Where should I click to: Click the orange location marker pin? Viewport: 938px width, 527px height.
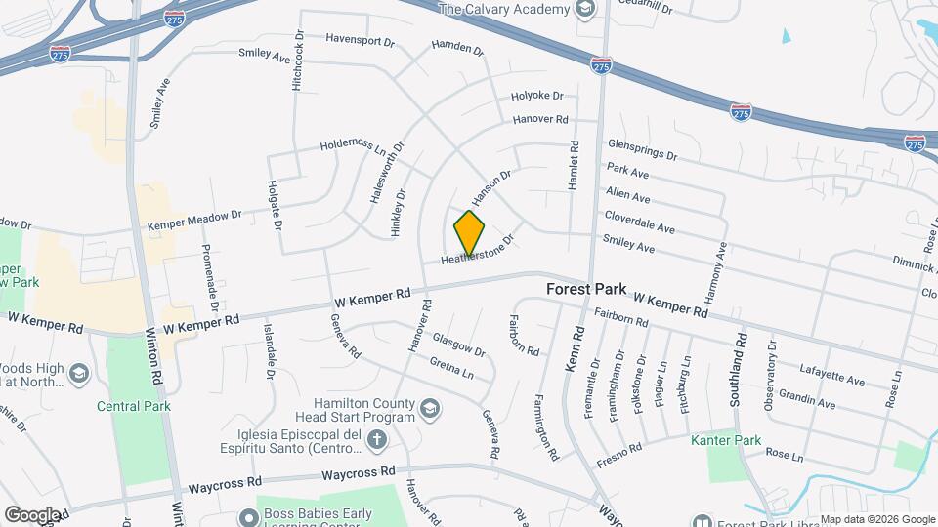pos(470,232)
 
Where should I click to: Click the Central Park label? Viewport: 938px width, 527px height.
pos(134,406)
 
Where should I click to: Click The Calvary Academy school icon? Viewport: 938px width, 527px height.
pos(585,10)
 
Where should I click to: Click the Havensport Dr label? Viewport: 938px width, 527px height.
pos(360,42)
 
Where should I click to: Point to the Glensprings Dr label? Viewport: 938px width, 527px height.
pos(642,149)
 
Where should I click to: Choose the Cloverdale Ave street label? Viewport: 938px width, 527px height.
pos(639,222)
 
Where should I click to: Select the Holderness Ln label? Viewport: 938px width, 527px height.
pos(353,146)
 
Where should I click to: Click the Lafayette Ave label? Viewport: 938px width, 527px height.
pos(832,376)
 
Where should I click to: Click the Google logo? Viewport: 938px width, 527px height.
pos(31,514)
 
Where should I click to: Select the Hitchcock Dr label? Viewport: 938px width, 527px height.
pos(299,64)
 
